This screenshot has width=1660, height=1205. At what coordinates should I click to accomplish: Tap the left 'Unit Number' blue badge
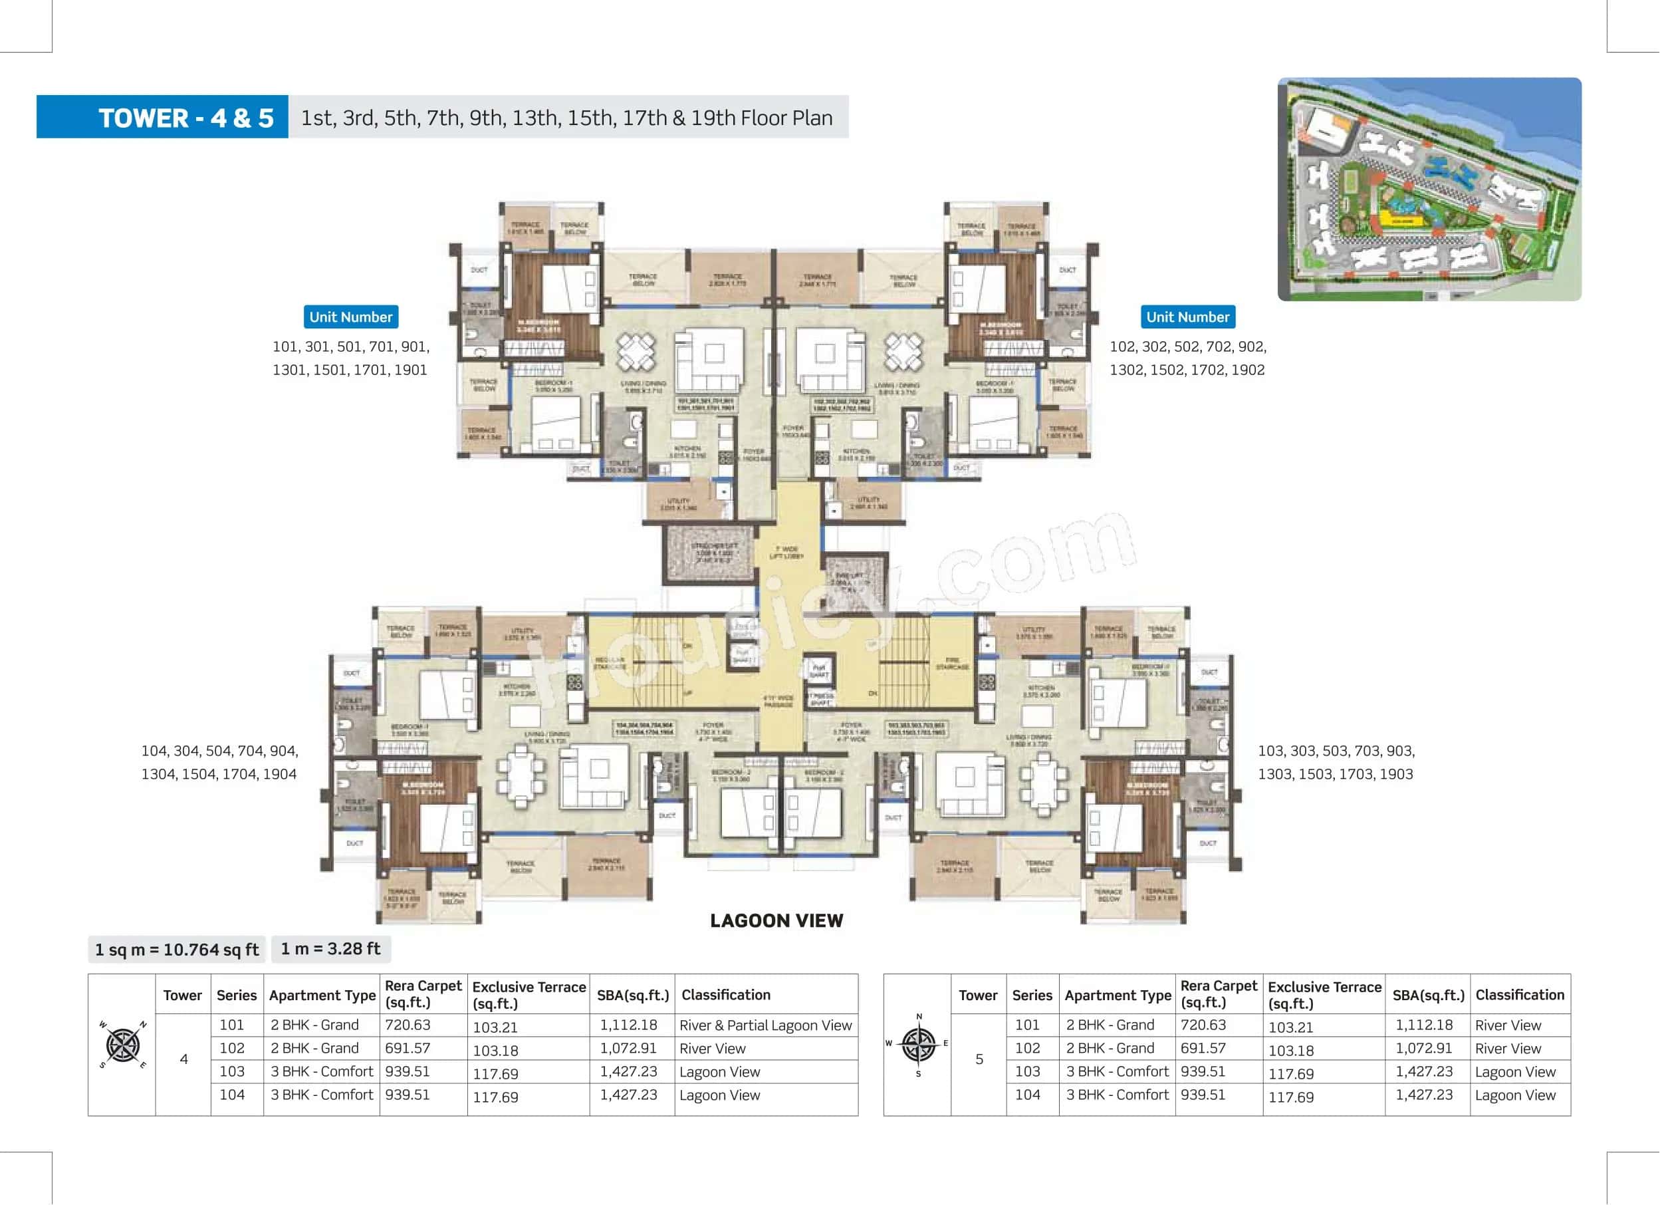click(350, 317)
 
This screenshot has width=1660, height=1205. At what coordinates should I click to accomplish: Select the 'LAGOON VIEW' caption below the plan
click(776, 921)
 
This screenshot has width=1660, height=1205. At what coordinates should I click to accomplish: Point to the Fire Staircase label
click(951, 663)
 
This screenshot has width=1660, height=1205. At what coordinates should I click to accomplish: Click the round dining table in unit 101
click(636, 351)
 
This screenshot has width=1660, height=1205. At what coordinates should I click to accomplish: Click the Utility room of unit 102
click(868, 501)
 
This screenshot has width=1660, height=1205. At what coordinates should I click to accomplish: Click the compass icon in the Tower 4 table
click(122, 1045)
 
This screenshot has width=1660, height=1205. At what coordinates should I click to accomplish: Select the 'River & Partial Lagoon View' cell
click(766, 1025)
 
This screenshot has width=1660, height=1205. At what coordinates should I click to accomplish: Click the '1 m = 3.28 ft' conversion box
click(331, 949)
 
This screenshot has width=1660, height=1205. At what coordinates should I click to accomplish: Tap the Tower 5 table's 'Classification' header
click(1520, 995)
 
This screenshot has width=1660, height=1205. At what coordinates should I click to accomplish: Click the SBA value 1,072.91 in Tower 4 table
click(628, 1048)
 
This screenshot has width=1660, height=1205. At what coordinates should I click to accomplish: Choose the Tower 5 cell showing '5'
click(979, 1059)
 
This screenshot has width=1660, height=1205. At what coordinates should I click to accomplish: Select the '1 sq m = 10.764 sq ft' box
click(176, 950)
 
